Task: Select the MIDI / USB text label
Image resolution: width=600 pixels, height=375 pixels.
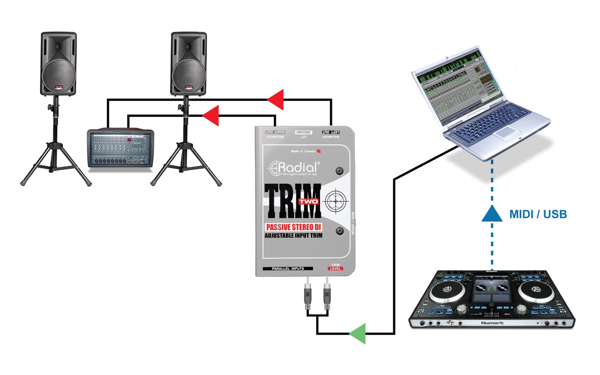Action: tap(538, 214)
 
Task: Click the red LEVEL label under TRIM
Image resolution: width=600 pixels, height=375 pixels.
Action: tap(335, 268)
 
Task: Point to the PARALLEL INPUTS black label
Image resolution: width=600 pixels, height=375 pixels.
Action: tap(288, 268)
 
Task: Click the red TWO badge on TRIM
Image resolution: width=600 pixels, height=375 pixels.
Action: tap(308, 201)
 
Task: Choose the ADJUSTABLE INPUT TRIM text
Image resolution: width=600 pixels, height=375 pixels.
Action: tap(293, 235)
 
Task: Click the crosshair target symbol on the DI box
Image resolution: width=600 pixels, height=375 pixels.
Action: tap(336, 201)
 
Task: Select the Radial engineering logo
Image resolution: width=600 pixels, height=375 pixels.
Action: tap(294, 169)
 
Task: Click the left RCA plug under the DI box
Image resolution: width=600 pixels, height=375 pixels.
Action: tap(307, 295)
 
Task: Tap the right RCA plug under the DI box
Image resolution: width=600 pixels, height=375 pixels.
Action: tap(327, 295)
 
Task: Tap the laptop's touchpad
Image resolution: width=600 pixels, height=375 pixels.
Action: tap(507, 132)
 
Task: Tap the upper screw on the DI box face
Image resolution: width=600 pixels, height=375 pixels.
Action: tap(340, 171)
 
